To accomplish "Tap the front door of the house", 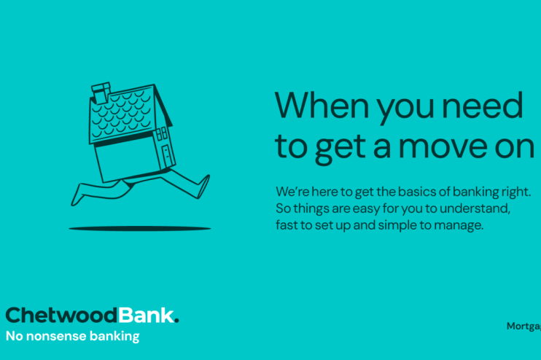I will click(167, 156).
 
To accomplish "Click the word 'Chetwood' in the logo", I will click(61, 316).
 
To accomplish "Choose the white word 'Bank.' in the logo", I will click(148, 316).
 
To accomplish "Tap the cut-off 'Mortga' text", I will click(524, 326).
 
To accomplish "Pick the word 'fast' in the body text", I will click(287, 225).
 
